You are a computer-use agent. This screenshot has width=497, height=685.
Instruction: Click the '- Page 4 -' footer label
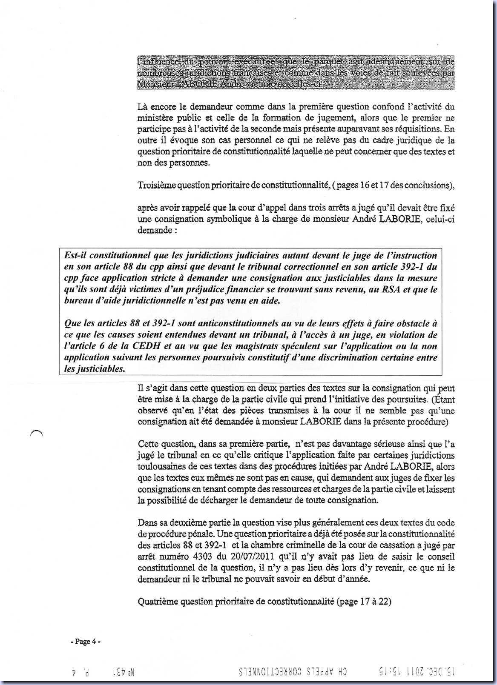pos(85,642)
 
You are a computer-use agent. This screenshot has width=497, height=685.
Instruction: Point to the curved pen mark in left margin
pos(37,433)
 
